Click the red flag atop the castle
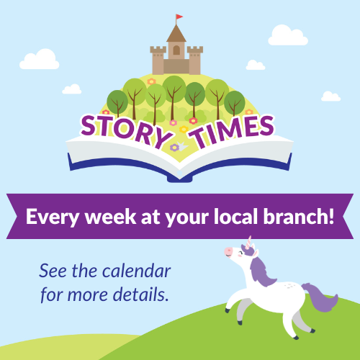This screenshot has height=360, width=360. [x=179, y=17]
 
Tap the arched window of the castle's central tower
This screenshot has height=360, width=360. [x=176, y=50]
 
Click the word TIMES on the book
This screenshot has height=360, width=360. [x=231, y=132]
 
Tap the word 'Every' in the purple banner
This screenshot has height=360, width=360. [x=53, y=217]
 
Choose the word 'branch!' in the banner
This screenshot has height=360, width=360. [x=299, y=216]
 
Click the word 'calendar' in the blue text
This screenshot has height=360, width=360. [x=137, y=271]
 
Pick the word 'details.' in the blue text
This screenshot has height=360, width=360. [x=141, y=294]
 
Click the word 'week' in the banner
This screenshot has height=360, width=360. [x=111, y=217]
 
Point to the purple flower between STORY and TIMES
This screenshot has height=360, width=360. [x=174, y=148]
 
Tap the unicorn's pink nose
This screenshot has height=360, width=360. [x=228, y=251]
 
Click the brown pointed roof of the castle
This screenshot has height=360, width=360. [x=176, y=34]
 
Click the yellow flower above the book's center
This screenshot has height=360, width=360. [x=184, y=129]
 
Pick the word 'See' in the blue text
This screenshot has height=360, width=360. [x=53, y=271]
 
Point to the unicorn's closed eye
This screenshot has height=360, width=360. [x=240, y=252]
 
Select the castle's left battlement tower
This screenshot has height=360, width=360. [x=158, y=60]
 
